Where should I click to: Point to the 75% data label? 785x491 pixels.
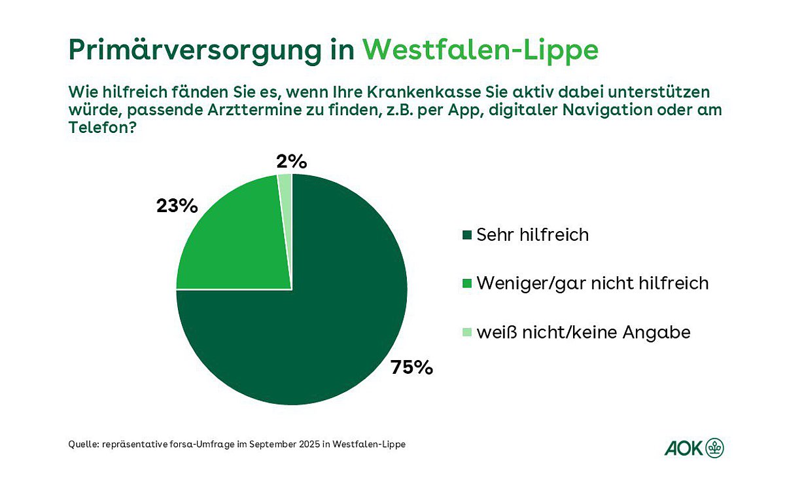[412, 367]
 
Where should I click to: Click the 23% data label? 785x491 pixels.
[177, 206]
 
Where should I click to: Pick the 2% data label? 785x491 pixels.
[292, 161]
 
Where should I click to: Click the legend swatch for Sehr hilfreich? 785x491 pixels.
[466, 235]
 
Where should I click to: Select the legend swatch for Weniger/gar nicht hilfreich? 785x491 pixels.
[466, 283]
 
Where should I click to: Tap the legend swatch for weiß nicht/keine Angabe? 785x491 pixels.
[466, 333]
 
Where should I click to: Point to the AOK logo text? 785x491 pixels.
[684, 448]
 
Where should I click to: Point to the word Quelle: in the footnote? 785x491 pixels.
[84, 445]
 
